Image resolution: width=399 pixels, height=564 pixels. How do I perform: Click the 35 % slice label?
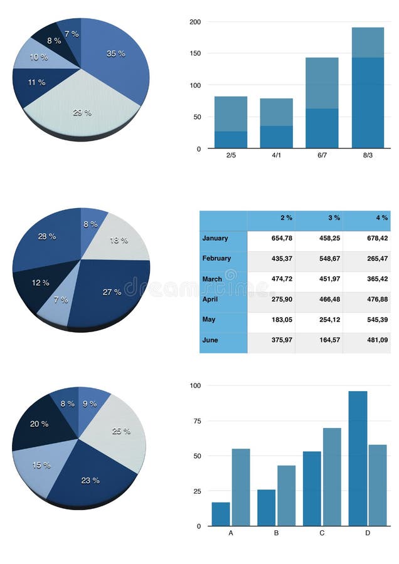coord(115,54)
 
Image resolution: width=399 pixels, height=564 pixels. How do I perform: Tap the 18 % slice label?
coord(119,240)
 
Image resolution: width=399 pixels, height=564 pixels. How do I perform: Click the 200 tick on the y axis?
coord(195,22)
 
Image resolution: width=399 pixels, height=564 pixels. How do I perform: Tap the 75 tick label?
coord(197,421)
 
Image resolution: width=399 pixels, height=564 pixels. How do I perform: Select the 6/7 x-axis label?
coord(322,155)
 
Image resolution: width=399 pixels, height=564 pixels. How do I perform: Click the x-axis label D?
coord(368,533)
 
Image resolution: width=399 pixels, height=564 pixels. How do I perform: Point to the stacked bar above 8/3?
coord(368,88)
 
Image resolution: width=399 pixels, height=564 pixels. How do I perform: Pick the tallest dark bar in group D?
coord(358,458)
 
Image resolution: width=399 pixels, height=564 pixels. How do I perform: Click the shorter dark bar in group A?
coord(221,514)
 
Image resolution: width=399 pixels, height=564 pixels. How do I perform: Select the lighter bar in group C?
coord(332,477)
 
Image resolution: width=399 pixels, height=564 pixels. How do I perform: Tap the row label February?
coord(216,258)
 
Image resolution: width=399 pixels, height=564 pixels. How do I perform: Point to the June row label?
coord(211,340)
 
